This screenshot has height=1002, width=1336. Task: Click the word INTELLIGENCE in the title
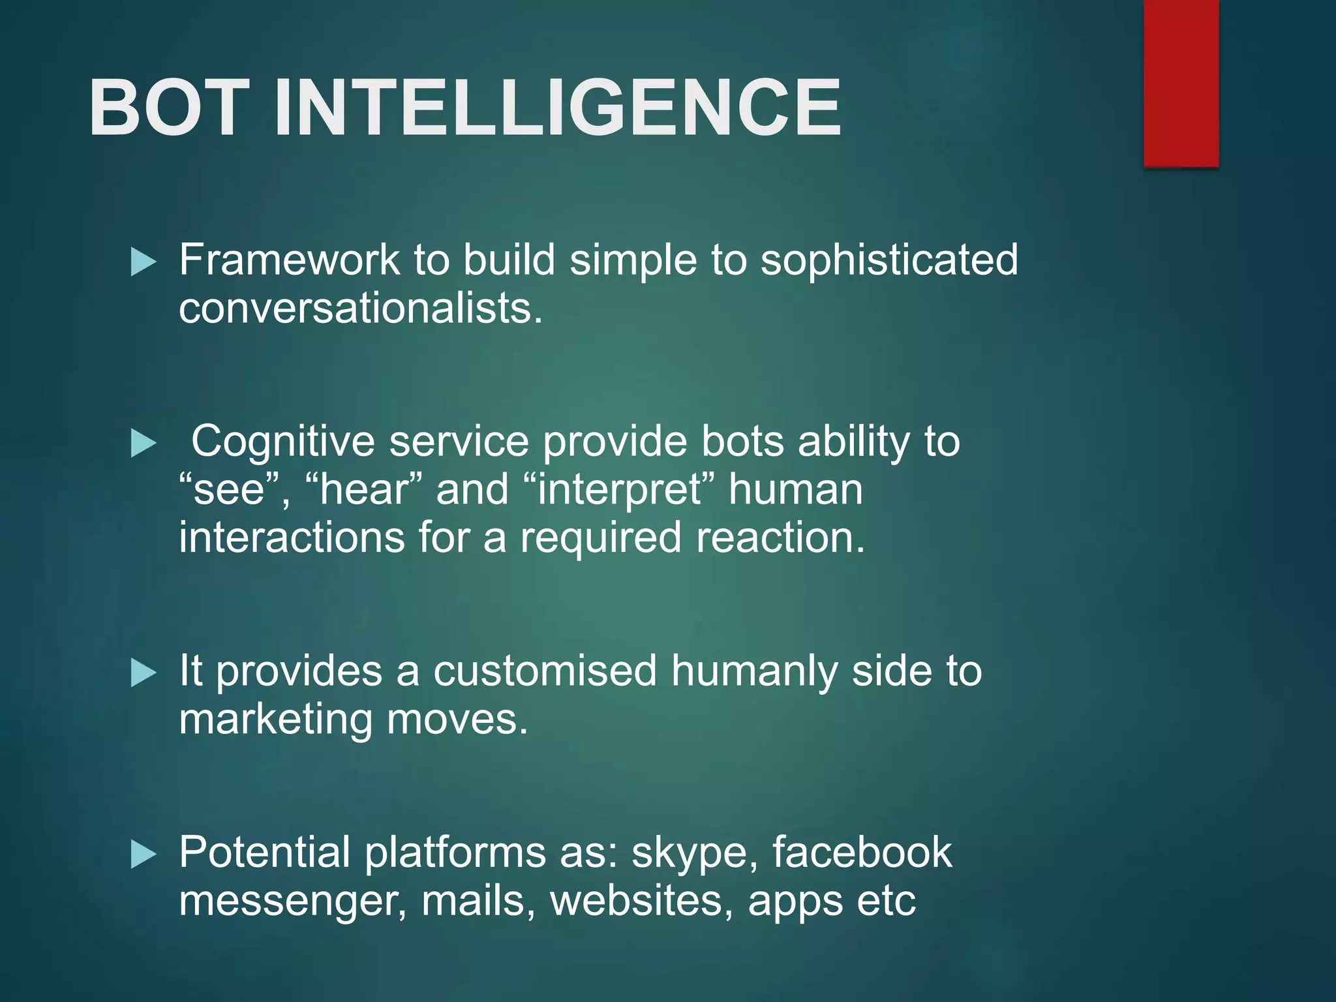coord(558,108)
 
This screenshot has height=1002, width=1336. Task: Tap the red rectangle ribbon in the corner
coord(1181,83)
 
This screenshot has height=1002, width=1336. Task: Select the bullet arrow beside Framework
coord(143,262)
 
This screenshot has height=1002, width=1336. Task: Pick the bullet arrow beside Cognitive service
coord(143,444)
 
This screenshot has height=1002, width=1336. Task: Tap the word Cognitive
coord(282,442)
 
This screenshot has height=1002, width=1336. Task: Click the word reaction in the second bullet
coord(780,538)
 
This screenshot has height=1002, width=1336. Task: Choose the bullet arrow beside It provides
coord(143,673)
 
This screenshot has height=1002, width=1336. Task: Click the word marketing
coord(275,720)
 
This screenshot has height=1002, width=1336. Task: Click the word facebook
coord(862,852)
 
